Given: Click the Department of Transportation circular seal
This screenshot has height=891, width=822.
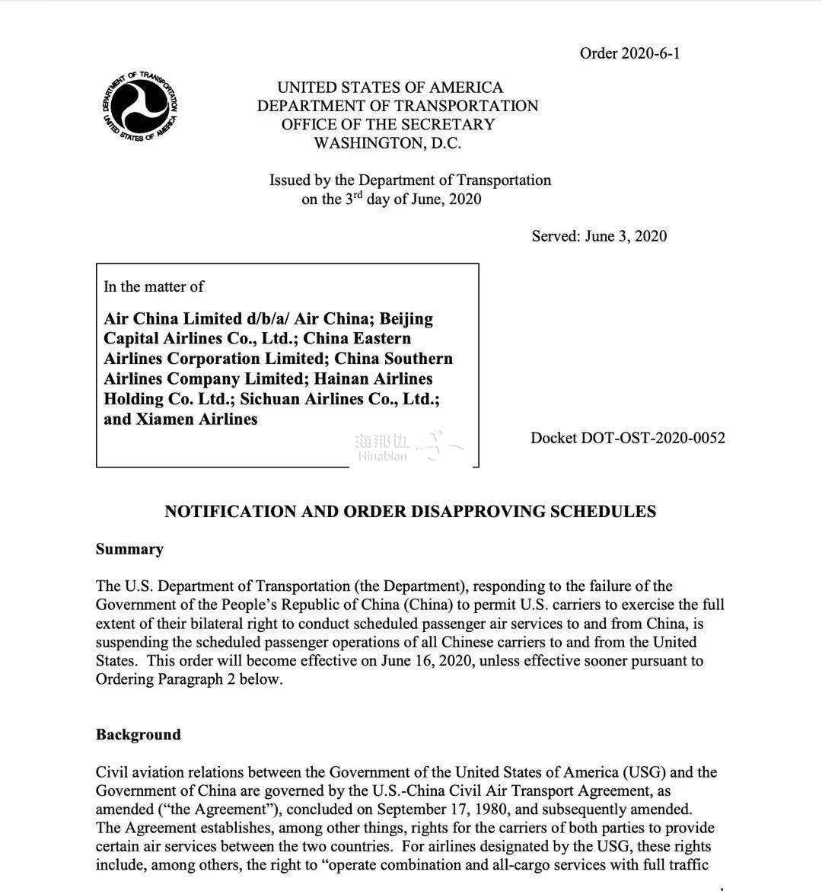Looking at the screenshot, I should tap(140, 107).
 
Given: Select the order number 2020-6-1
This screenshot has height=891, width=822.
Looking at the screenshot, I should tap(629, 53).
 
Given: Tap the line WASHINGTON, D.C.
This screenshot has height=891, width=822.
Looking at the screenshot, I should tap(387, 143).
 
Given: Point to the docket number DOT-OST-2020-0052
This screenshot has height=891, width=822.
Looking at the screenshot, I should tap(627, 438).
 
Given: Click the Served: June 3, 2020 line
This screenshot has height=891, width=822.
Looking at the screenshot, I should tap(599, 236).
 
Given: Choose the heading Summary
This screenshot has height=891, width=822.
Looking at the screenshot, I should tap(129, 549).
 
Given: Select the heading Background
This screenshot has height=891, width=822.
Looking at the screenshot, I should tap(138, 735).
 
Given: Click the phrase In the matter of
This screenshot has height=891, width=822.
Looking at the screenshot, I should tap(154, 286).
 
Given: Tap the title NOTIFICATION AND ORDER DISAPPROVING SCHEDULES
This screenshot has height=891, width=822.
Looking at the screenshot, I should tap(410, 512).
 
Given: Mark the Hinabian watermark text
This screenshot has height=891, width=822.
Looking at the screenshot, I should tap(382, 456).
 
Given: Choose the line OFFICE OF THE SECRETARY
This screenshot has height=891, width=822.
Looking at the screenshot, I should tap(387, 124).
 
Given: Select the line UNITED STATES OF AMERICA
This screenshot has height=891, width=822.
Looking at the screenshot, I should tap(390, 88).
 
